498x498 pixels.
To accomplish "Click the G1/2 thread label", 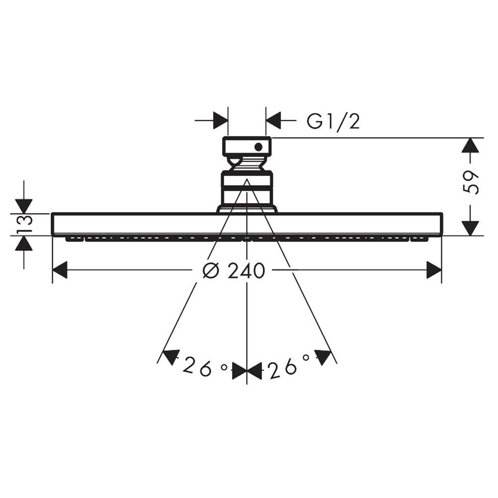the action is [x=333, y=121].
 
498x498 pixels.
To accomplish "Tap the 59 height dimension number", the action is [x=470, y=182].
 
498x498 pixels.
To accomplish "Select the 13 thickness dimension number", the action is [x=25, y=224].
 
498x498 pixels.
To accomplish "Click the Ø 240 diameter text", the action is [x=233, y=271].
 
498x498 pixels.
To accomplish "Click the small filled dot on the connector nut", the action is [x=258, y=146].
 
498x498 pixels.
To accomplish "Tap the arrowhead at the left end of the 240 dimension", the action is [x=60, y=270].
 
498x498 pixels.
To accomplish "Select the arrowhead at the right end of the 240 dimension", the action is [x=434, y=270].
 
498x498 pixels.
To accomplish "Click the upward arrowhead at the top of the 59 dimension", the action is [x=470, y=146].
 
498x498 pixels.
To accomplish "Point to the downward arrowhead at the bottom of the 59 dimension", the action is [x=470, y=228].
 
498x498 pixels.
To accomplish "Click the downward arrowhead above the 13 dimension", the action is [x=24, y=206].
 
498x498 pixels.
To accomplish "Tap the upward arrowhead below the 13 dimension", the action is [x=24, y=244].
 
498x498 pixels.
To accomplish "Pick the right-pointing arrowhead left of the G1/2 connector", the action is [x=221, y=121].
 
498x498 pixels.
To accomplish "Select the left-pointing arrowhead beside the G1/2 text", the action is [x=274, y=121].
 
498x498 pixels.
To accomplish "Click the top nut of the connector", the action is [x=247, y=146].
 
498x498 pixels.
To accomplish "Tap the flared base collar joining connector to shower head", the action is [x=247, y=209].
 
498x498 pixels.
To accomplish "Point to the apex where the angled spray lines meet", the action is [x=247, y=179].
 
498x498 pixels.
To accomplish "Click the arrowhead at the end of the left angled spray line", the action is [x=170, y=357].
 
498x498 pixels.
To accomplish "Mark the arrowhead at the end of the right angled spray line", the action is [x=323, y=357].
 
